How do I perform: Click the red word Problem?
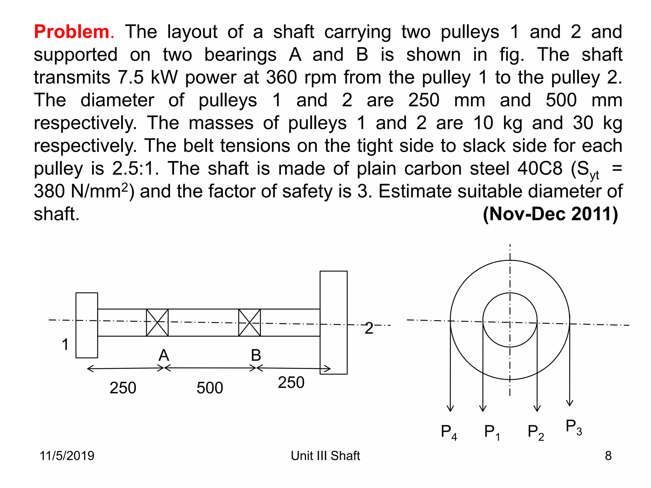tap(72, 32)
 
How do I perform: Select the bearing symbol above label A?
tap(157, 322)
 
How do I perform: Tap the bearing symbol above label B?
tap(250, 322)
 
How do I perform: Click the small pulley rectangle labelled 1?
tap(87, 325)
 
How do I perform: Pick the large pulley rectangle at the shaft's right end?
tap(333, 322)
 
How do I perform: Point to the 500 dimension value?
tap(210, 388)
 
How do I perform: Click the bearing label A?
tap(164, 355)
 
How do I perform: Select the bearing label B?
tap(256, 355)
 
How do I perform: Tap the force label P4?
tap(449, 432)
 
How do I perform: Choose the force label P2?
tap(536, 432)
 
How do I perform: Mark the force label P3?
tap(574, 427)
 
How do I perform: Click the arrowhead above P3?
tap(570, 403)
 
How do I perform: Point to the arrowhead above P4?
tap(450, 408)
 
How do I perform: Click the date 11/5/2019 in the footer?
tap(67, 456)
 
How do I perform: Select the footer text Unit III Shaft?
tap(325, 456)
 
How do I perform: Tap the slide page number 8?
tap(608, 456)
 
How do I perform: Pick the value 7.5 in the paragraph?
tap(131, 77)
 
